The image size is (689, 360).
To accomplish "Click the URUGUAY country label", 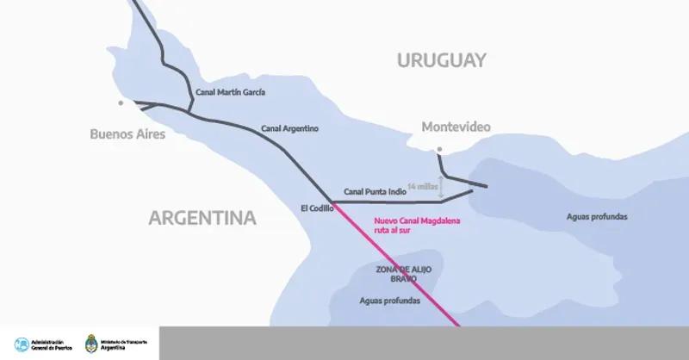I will (442, 60).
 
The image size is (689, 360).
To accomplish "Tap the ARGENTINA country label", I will (202, 217).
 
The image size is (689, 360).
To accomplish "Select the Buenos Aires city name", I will (127, 134).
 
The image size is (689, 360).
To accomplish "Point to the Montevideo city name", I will (456, 127).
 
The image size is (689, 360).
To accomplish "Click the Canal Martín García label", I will (232, 91).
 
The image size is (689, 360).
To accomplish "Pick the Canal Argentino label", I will (289, 128).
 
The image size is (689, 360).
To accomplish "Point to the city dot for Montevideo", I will (438, 150).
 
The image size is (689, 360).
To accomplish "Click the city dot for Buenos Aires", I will (121, 102).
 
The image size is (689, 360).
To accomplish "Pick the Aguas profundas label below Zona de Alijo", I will (389, 301).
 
